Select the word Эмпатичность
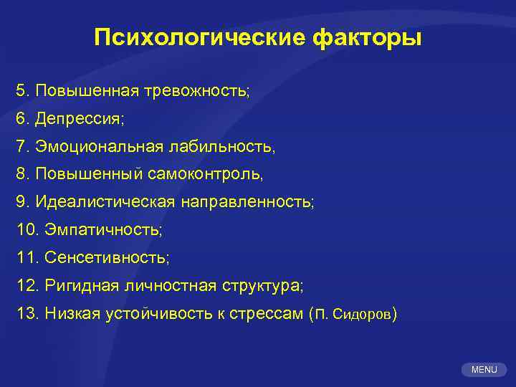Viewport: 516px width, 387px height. click(x=103, y=230)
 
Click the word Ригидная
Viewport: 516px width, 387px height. click(x=77, y=286)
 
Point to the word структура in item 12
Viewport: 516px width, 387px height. click(x=261, y=286)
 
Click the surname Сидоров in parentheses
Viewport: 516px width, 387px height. click(x=363, y=314)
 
